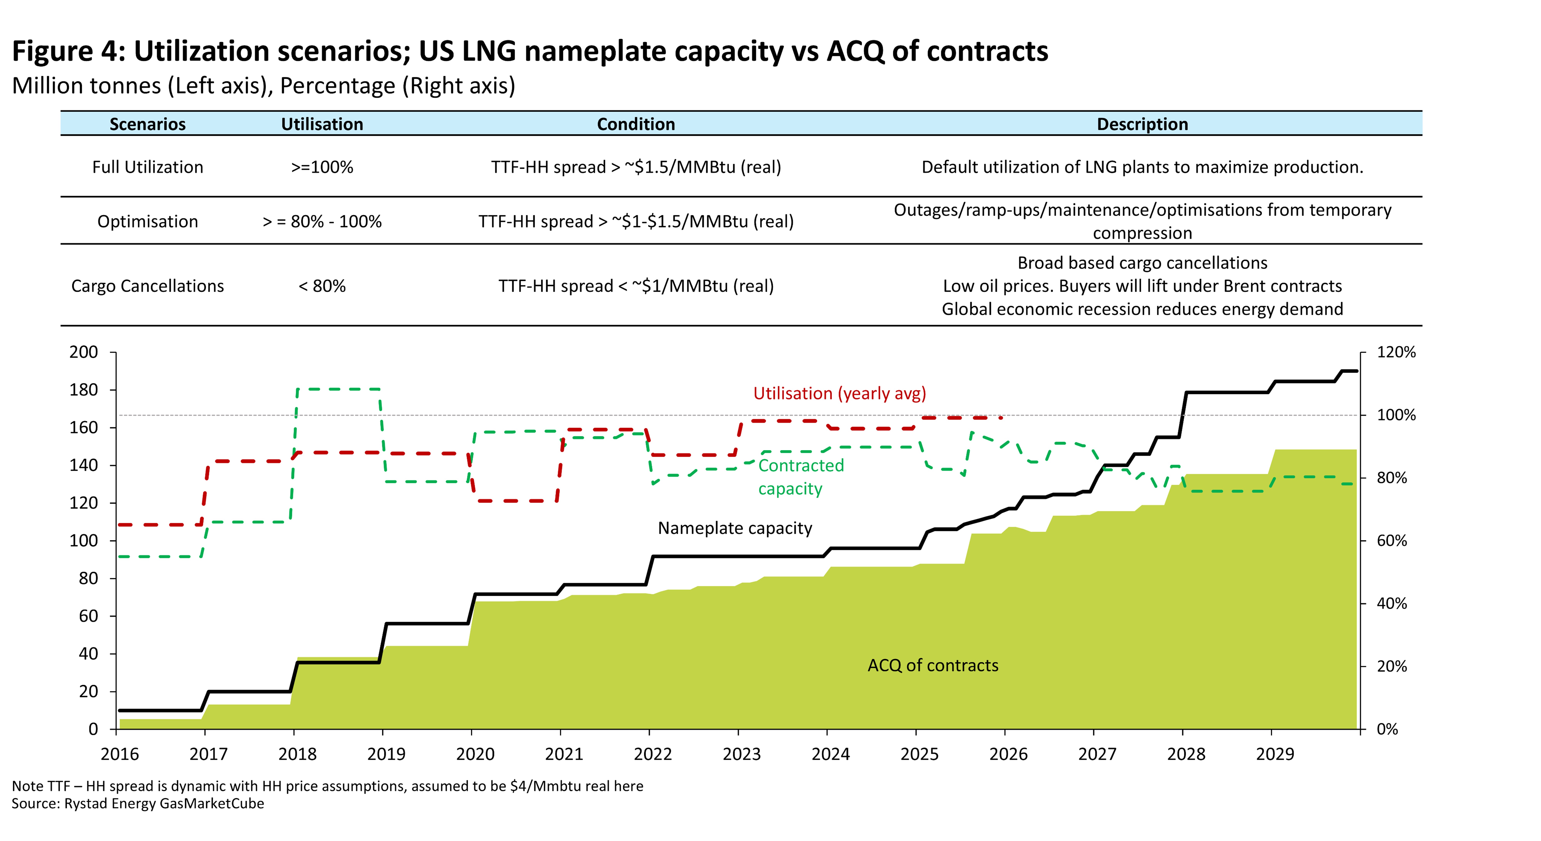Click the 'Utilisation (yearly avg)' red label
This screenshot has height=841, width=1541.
pyautogui.click(x=839, y=394)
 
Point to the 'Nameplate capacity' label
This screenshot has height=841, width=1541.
pyautogui.click(x=735, y=528)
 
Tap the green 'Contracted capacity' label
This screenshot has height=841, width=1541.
pyautogui.click(x=801, y=477)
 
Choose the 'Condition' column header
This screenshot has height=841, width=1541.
pyautogui.click(x=636, y=124)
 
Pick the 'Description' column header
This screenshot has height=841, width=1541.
pyautogui.click(x=1142, y=124)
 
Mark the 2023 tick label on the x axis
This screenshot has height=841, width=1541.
pyautogui.click(x=741, y=754)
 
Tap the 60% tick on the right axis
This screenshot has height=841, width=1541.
pyautogui.click(x=1392, y=541)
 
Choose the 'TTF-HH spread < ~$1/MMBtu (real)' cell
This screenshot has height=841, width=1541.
pyautogui.click(x=636, y=286)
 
